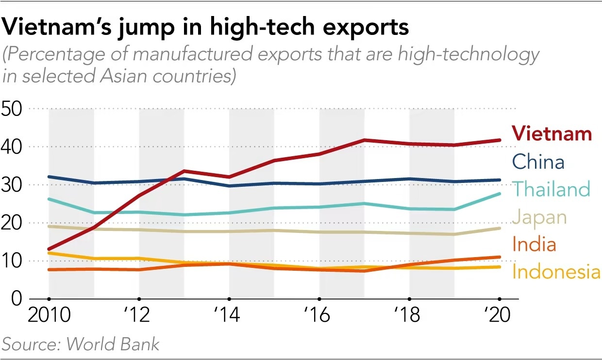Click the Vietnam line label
(552, 133)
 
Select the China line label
(538, 162)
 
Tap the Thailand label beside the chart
(551, 189)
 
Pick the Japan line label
(539, 217)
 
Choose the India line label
(534, 244)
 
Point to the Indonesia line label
(556, 272)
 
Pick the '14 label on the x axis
(227, 316)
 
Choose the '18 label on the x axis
(408, 316)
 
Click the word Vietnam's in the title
(56, 28)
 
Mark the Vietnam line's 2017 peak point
(364, 140)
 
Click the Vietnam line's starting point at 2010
(49, 249)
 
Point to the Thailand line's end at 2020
(499, 194)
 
